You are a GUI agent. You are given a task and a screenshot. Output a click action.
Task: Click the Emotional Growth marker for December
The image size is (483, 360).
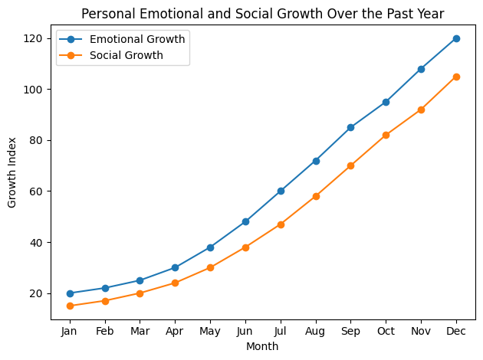click(456, 38)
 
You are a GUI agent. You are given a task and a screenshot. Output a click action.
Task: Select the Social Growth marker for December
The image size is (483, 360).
click(456, 77)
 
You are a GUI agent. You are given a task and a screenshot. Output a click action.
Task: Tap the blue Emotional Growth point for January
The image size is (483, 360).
click(70, 293)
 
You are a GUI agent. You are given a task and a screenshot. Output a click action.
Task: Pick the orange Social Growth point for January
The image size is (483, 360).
click(70, 306)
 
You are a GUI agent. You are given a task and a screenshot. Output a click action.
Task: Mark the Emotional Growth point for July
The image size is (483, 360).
click(281, 191)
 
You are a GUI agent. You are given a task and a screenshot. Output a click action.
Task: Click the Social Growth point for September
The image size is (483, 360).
click(350, 165)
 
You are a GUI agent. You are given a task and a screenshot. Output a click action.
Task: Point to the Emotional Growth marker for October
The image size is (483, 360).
click(386, 102)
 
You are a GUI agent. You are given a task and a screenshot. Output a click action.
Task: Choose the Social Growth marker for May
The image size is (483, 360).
click(210, 267)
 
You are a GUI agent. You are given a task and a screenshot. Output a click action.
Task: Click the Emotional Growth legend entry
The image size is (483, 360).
click(136, 39)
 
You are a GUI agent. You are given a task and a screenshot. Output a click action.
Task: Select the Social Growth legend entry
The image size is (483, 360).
click(126, 55)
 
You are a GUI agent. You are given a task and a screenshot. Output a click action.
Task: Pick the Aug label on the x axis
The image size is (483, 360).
click(316, 332)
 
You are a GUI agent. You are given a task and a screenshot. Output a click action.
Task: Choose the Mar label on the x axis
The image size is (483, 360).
click(140, 332)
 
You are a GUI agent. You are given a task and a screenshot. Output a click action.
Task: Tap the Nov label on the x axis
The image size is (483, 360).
click(421, 332)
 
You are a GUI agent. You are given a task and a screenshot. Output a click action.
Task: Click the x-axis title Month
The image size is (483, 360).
click(262, 346)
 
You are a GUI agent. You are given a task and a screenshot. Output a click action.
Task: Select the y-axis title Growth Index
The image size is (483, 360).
click(12, 172)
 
